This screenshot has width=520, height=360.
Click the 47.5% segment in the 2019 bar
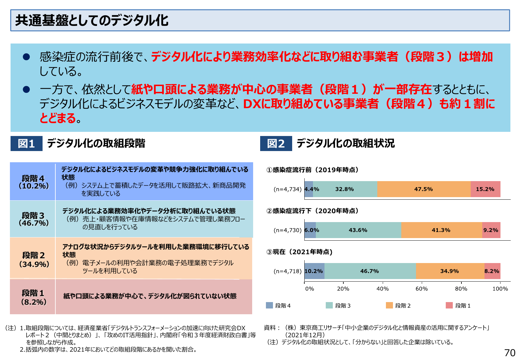(x=424, y=189)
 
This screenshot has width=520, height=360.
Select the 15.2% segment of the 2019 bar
(x=485, y=189)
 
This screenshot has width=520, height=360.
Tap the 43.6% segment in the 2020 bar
(x=358, y=230)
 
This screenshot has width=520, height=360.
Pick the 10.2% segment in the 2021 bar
(x=314, y=271)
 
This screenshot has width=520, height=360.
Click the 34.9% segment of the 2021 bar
(x=450, y=271)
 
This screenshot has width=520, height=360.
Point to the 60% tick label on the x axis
(x=421, y=289)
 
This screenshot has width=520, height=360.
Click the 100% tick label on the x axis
(x=500, y=289)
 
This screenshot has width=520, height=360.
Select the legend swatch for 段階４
(x=269, y=305)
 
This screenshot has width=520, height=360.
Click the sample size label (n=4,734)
(x=287, y=189)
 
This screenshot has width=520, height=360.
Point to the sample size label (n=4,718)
(x=287, y=271)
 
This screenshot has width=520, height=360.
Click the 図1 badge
(x=26, y=143)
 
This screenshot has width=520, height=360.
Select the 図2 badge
(x=276, y=143)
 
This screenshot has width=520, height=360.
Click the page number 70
(x=509, y=353)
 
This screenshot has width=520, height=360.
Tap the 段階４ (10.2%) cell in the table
(x=33, y=182)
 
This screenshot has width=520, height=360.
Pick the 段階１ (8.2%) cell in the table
(x=33, y=297)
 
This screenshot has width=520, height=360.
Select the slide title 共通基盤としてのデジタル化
(x=92, y=20)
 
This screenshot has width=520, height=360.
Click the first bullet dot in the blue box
(x=27, y=57)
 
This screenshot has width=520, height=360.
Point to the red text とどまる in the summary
(x=58, y=118)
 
